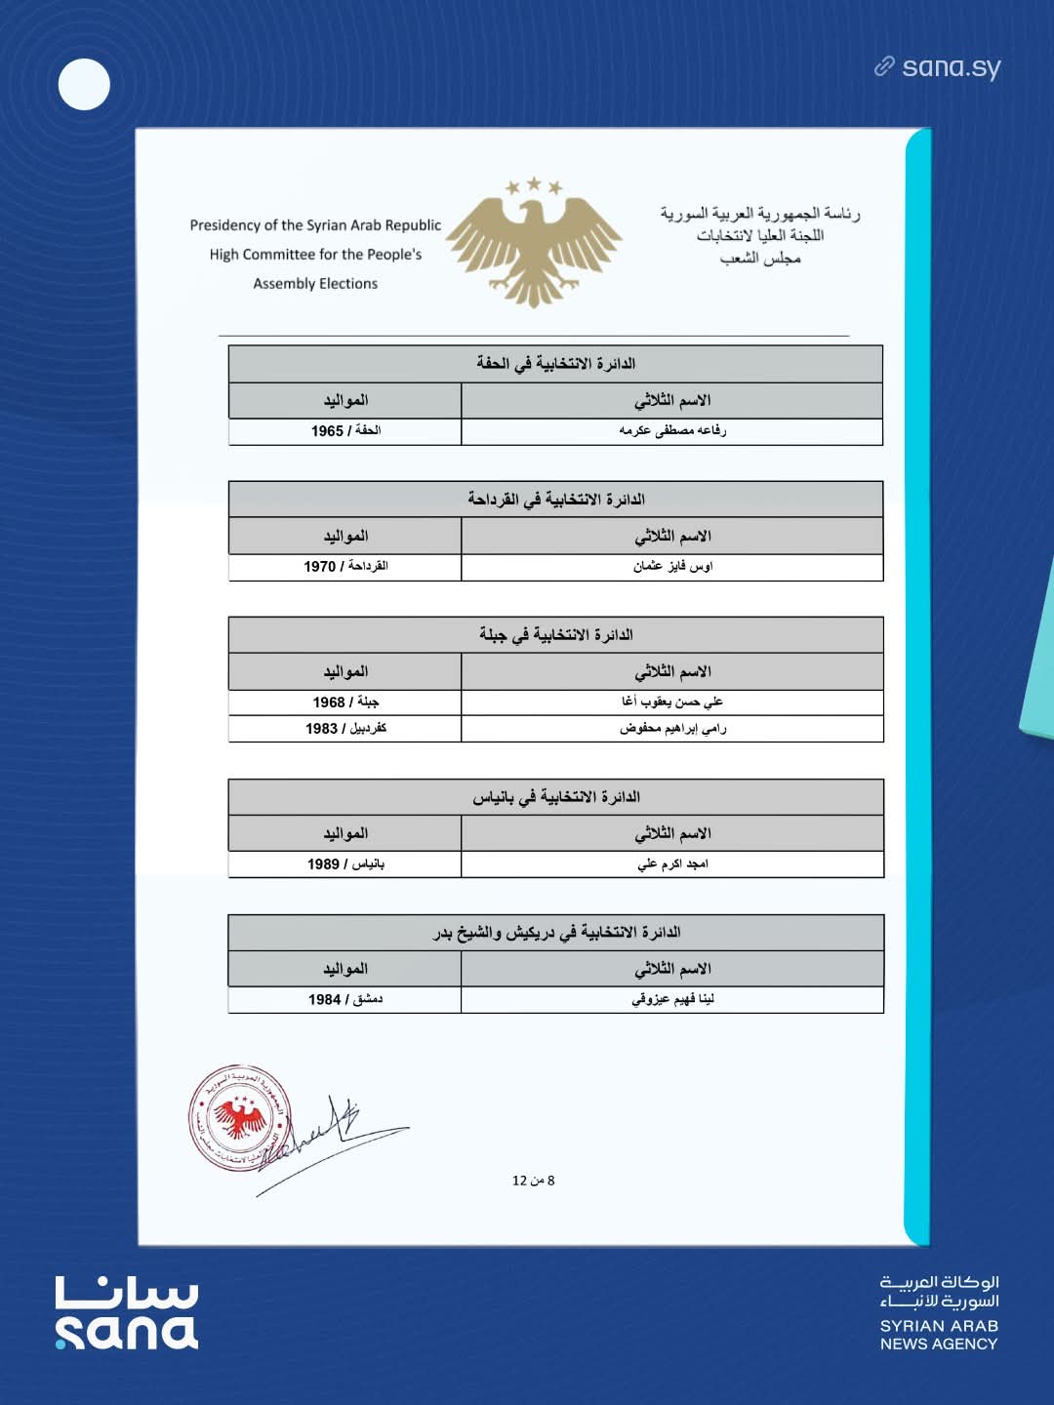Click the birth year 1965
pyautogui.click(x=327, y=431)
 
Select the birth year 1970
pyautogui.click(x=319, y=567)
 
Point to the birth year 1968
pyautogui.click(x=329, y=702)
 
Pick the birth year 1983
pyautogui.click(x=321, y=729)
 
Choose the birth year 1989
pyautogui.click(x=323, y=864)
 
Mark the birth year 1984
pyautogui.click(x=324, y=1000)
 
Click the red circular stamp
pyautogui.click(x=239, y=1117)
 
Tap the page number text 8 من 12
pyautogui.click(x=533, y=1181)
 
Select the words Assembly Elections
pyautogui.click(x=315, y=284)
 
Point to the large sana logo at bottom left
pyautogui.click(x=127, y=1312)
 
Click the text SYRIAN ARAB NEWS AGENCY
pyautogui.click(x=939, y=1335)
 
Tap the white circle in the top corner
pyautogui.click(x=84, y=84)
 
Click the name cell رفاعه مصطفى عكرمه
pyautogui.click(x=672, y=431)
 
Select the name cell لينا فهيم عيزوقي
pyautogui.click(x=672, y=1000)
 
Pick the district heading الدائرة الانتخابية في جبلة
pyautogui.click(x=555, y=635)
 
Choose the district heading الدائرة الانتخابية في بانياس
pyautogui.click(x=555, y=797)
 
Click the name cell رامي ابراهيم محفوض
pyautogui.click(x=672, y=729)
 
